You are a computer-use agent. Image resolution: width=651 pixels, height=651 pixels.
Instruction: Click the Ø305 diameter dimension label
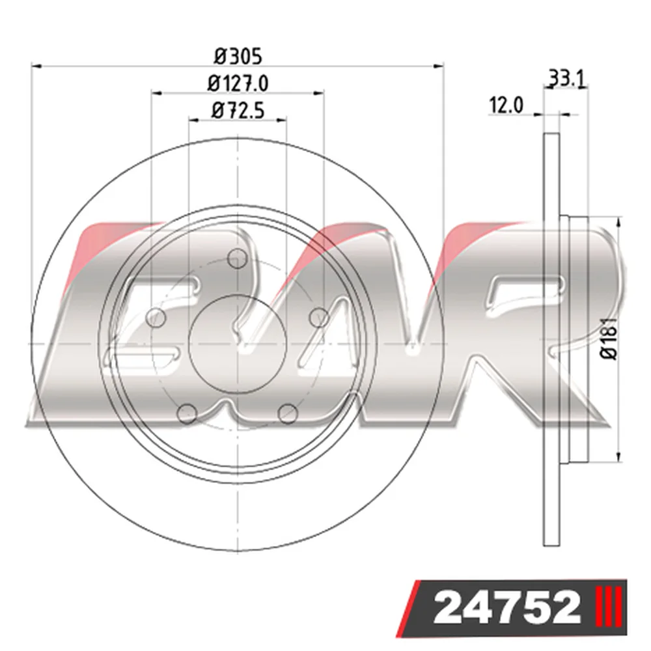(x=238, y=57)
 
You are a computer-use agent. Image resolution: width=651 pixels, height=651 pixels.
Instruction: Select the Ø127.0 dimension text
(x=238, y=83)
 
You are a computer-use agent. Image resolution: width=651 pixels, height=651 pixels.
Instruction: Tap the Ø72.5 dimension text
(x=238, y=111)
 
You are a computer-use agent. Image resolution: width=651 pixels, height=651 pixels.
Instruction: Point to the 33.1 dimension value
(x=567, y=78)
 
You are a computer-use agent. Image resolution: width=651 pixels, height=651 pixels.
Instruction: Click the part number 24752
(x=506, y=608)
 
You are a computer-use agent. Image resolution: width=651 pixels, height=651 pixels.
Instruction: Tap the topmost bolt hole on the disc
(x=237, y=258)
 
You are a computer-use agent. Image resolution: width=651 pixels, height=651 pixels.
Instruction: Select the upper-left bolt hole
(x=156, y=318)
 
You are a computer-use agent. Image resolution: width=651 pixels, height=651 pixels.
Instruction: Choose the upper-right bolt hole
(x=319, y=318)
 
